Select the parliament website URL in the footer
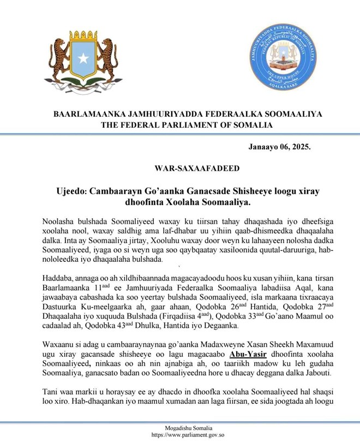[x=179, y=435]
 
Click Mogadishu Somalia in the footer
[x=180, y=428]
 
